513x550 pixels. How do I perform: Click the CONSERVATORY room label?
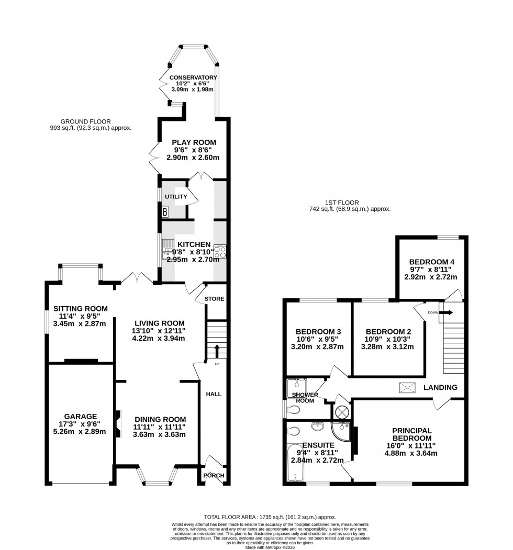click(193, 77)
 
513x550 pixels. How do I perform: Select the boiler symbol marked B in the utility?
click(165, 212)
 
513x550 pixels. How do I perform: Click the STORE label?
click(214, 299)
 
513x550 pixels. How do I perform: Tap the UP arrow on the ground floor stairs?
click(216, 351)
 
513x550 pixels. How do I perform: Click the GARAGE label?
click(80, 417)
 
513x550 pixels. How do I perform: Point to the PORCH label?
click(214, 475)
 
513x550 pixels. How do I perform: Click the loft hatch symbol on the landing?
click(407, 387)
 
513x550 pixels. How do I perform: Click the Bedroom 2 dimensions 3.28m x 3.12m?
click(388, 346)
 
